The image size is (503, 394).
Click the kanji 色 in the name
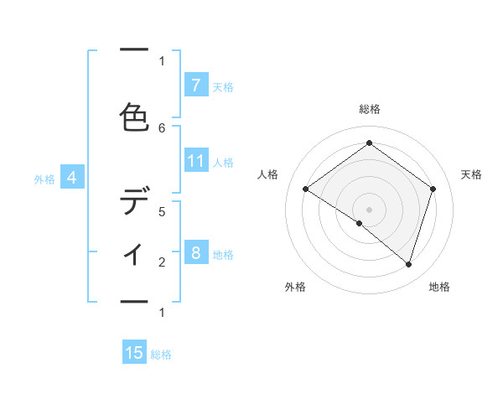(x=134, y=115)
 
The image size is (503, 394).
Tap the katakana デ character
(x=134, y=202)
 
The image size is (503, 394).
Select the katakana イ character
(x=134, y=253)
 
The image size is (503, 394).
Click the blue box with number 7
(x=195, y=85)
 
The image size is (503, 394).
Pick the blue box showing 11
(x=195, y=161)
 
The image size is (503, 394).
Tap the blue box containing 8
(x=195, y=253)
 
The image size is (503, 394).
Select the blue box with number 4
(x=72, y=178)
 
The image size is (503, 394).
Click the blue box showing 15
(x=134, y=353)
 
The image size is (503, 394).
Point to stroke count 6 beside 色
(x=163, y=127)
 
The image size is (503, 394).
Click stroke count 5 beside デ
(x=163, y=211)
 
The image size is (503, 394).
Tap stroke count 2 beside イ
(x=163, y=262)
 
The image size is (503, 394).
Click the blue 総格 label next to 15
(x=161, y=355)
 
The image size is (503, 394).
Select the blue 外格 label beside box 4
(x=44, y=179)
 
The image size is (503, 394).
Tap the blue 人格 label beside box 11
(x=223, y=163)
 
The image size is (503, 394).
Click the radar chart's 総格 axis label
(x=369, y=109)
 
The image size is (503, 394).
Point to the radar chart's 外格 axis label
(x=295, y=288)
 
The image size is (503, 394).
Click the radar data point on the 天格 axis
(x=433, y=189)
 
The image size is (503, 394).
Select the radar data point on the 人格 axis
(x=305, y=189)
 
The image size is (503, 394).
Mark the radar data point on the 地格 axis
(x=408, y=264)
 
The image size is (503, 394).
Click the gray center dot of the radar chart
(x=369, y=209)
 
